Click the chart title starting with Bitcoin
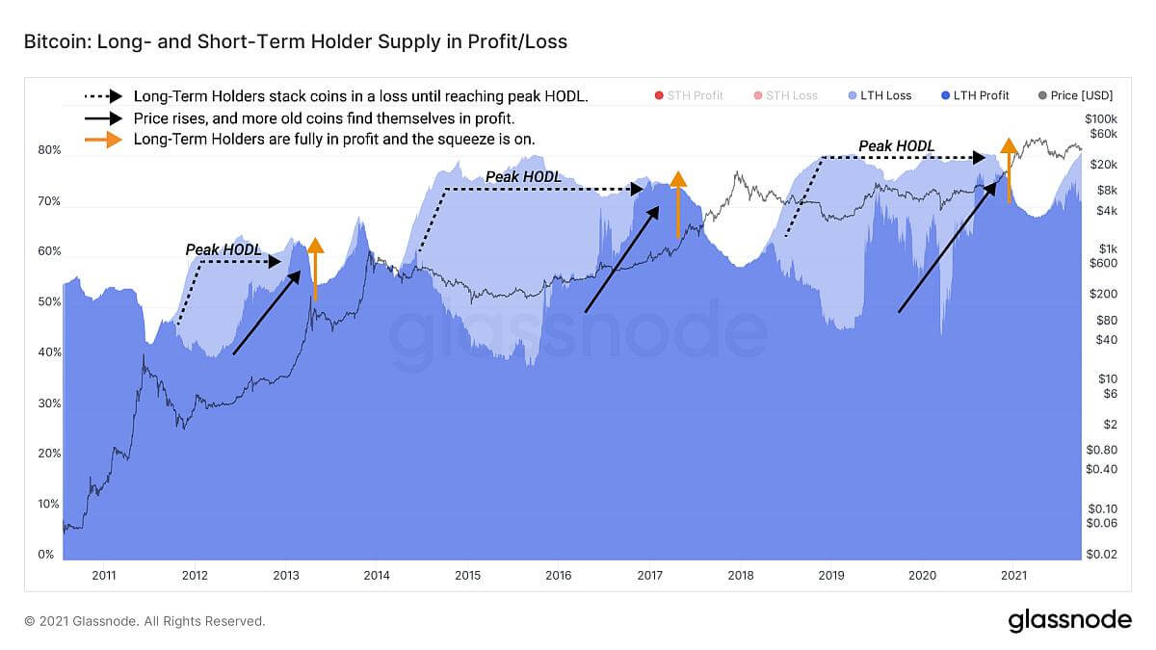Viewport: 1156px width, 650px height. point(295,41)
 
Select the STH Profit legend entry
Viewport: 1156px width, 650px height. point(689,95)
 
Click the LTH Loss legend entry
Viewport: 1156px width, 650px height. point(880,95)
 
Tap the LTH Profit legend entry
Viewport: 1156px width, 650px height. point(975,95)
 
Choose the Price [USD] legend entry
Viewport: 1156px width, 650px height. point(1075,95)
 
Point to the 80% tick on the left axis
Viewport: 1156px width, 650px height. point(49,150)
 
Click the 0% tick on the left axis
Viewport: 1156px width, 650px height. point(46,555)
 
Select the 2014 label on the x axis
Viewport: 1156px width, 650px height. point(377,575)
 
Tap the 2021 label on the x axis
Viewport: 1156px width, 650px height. point(1013,575)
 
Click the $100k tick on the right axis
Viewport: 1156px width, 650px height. point(1101,119)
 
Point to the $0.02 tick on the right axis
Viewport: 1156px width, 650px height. point(1101,555)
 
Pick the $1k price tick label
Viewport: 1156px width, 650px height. point(1108,249)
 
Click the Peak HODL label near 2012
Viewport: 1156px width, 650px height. point(223,250)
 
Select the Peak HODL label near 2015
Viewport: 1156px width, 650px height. point(523,177)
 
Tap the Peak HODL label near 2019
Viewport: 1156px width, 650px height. point(896,146)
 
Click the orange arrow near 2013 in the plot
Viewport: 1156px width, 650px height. point(315,270)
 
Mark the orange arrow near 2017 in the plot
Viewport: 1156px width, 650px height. point(678,205)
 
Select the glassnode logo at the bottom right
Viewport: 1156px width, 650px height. point(1070,620)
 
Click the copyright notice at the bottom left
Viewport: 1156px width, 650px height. point(144,621)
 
